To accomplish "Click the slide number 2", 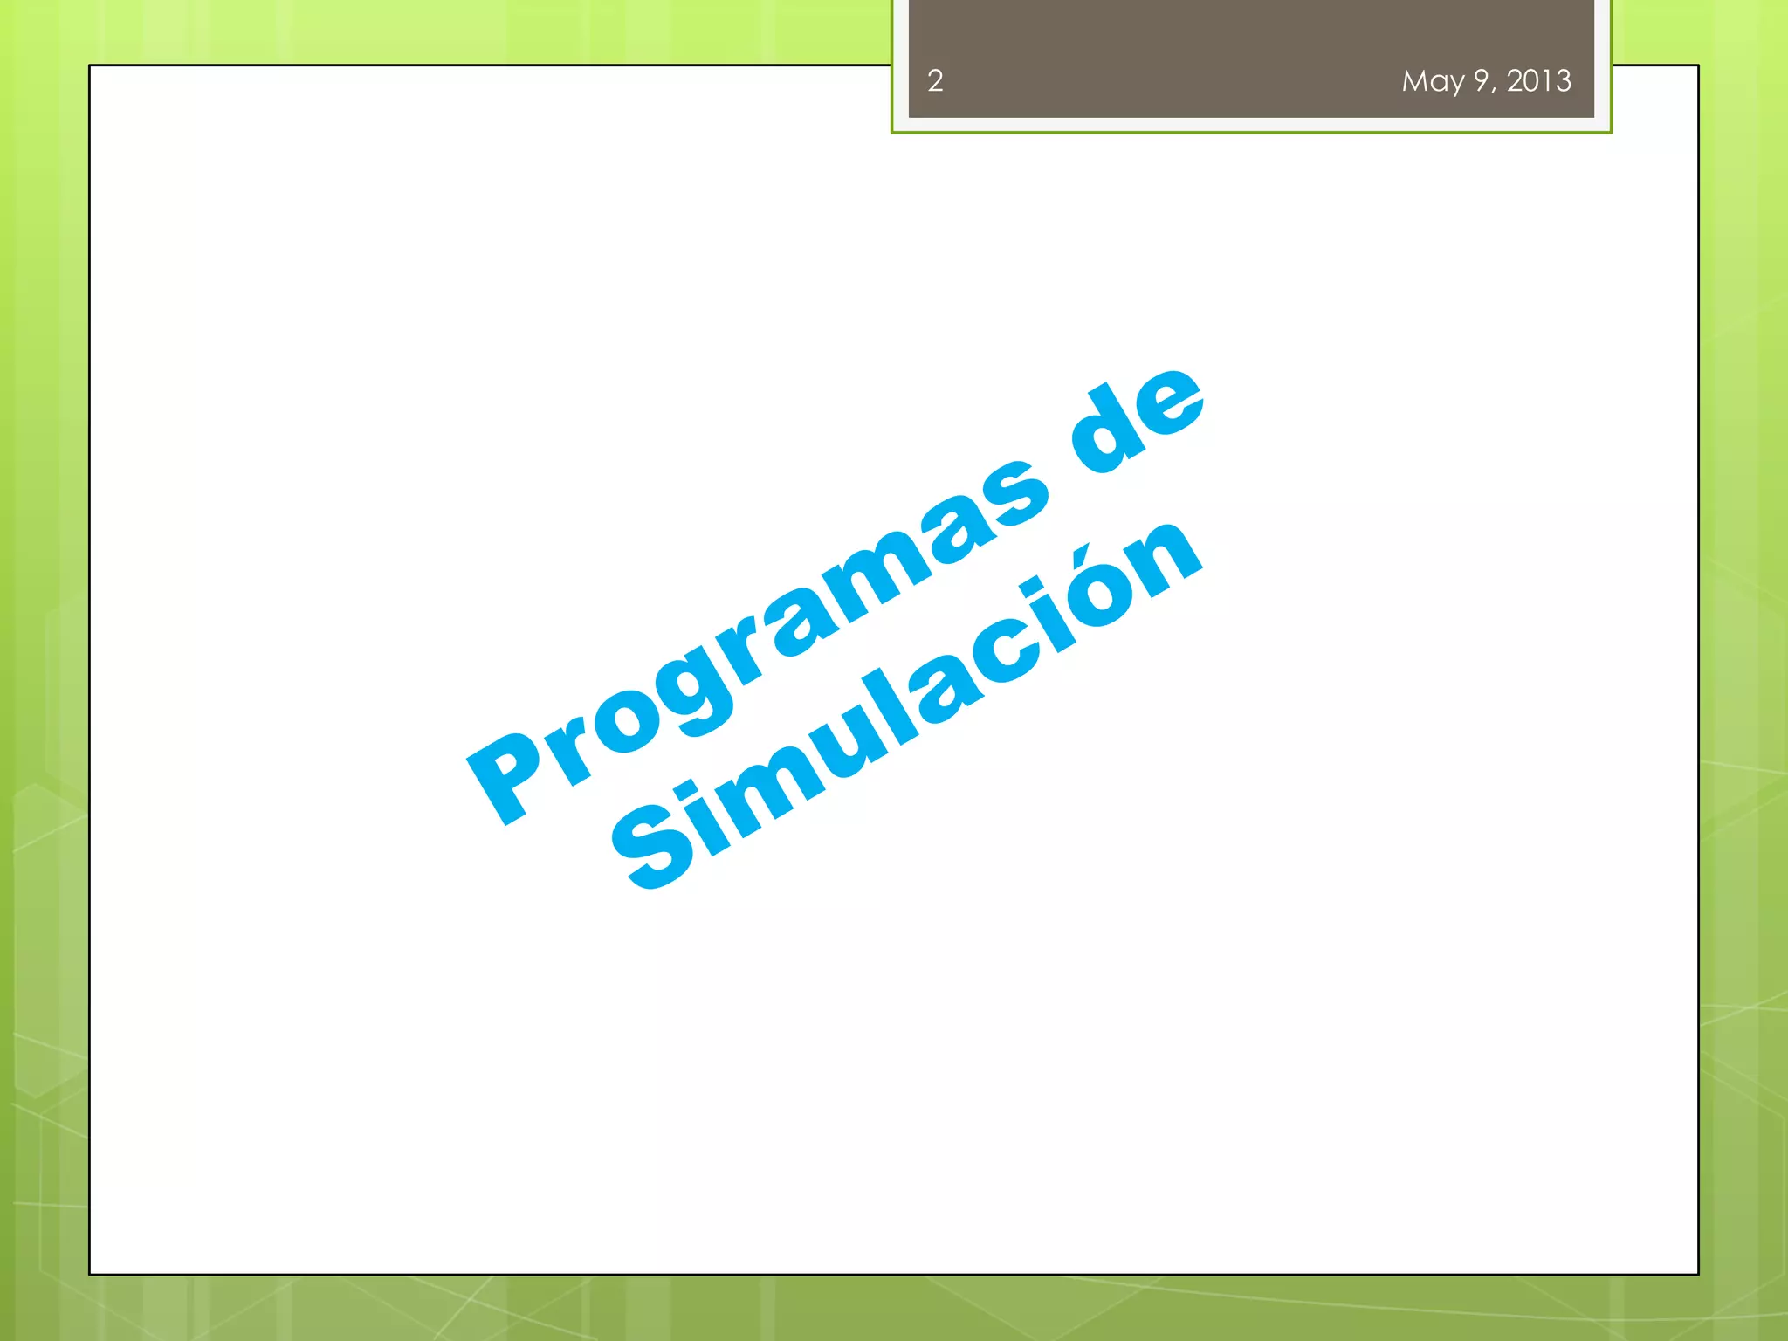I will click(x=935, y=81).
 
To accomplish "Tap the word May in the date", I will click(x=1433, y=82).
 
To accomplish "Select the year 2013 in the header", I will click(x=1539, y=81).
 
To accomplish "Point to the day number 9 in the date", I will click(x=1482, y=81).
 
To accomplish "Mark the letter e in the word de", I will click(x=1169, y=402).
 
